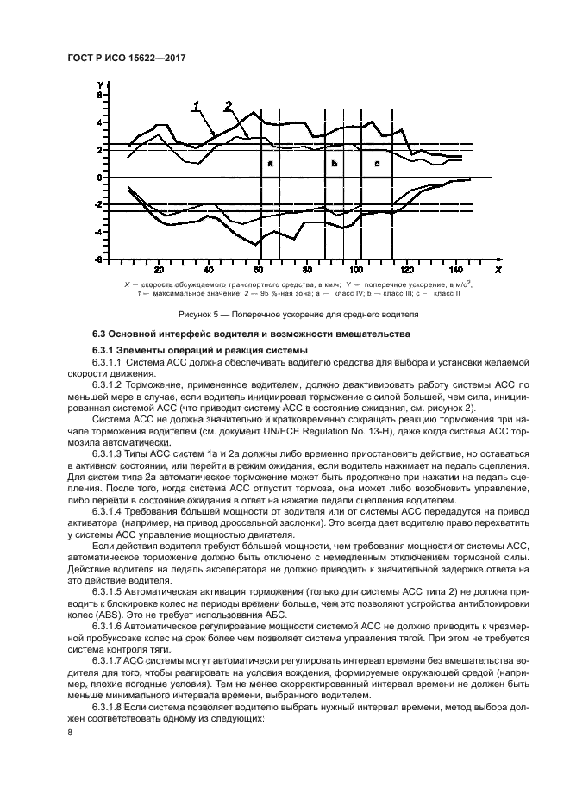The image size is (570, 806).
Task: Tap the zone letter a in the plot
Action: [x=270, y=162]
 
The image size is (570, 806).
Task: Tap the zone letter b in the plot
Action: [x=334, y=162]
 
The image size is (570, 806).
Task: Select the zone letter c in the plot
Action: [x=377, y=162]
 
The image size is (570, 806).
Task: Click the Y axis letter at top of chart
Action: [x=100, y=83]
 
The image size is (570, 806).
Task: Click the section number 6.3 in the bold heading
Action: [x=100, y=334]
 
